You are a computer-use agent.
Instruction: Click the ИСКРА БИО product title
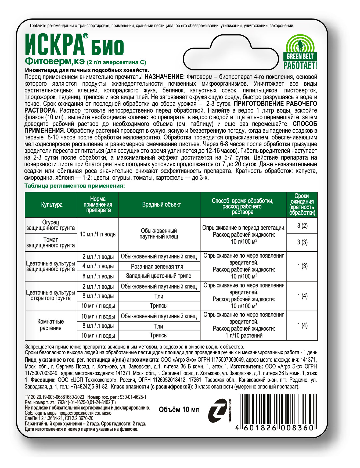74,45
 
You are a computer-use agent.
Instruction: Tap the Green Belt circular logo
300,45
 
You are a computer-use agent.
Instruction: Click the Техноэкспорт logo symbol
217,411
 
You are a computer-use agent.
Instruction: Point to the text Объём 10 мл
179,409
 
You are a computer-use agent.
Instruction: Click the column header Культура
52,205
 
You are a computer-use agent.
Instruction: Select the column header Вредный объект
161,205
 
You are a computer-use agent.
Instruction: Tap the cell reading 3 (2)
302,226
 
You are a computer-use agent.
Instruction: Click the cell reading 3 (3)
302,242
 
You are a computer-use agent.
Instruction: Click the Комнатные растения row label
51,325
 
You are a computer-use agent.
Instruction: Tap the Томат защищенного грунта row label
51,242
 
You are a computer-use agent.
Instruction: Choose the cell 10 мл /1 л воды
98,235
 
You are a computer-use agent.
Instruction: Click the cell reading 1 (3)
302,266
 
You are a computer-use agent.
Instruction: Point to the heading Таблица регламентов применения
75,186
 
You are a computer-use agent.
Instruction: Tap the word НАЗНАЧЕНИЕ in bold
164,77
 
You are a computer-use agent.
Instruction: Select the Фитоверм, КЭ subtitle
55,62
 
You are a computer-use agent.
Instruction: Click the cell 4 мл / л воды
98,267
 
